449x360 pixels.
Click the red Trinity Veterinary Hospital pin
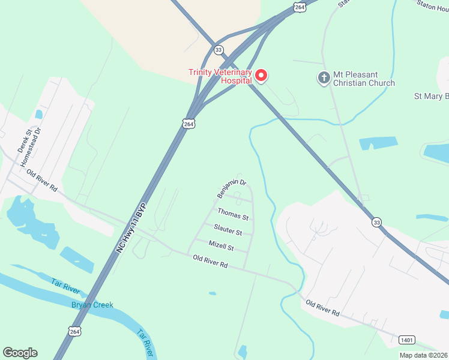point(261,76)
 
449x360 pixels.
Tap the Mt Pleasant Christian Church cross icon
point(324,77)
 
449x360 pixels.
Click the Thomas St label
point(233,214)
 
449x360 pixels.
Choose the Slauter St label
point(228,229)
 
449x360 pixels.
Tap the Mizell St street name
point(221,245)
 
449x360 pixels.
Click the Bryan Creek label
point(92,305)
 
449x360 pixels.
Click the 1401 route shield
point(406,340)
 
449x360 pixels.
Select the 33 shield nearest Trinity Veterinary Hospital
point(218,50)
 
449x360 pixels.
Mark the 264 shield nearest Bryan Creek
point(74,331)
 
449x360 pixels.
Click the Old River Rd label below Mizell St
point(211,262)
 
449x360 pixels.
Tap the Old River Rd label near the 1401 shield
point(323,308)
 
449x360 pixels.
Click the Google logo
point(20,352)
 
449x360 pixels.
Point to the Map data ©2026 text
point(423,355)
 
